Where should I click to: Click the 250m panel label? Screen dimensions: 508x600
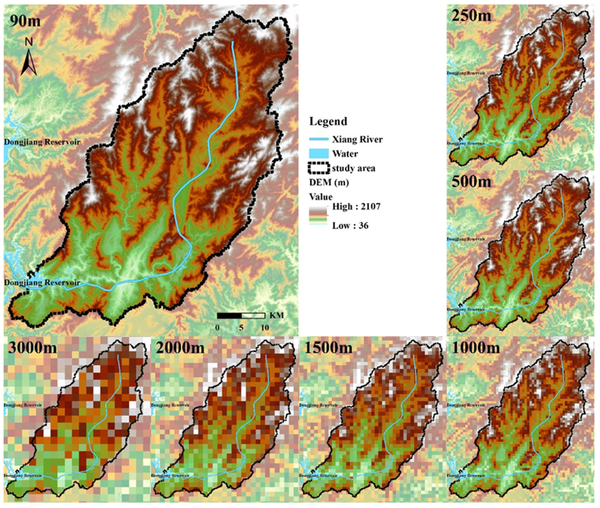coord(471,15)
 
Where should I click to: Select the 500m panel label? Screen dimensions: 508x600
coord(471,181)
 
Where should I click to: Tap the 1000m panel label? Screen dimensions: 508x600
coord(476,348)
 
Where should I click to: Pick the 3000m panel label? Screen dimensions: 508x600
coord(32,348)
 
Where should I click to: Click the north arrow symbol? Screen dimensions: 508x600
coord(29,62)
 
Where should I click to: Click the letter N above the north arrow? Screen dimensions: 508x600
coord(29,42)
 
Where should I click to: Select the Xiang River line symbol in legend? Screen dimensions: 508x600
coord(319,139)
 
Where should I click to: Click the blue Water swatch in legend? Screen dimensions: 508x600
coord(319,154)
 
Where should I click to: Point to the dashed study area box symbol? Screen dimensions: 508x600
coord(319,168)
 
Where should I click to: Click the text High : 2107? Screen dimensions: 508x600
coord(356,206)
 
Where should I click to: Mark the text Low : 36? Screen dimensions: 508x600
coord(350,225)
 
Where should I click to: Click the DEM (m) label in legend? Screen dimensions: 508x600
coord(329,182)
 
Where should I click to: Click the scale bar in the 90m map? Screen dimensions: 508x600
coord(241,316)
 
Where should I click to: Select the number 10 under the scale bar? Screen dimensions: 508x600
coord(265,327)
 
